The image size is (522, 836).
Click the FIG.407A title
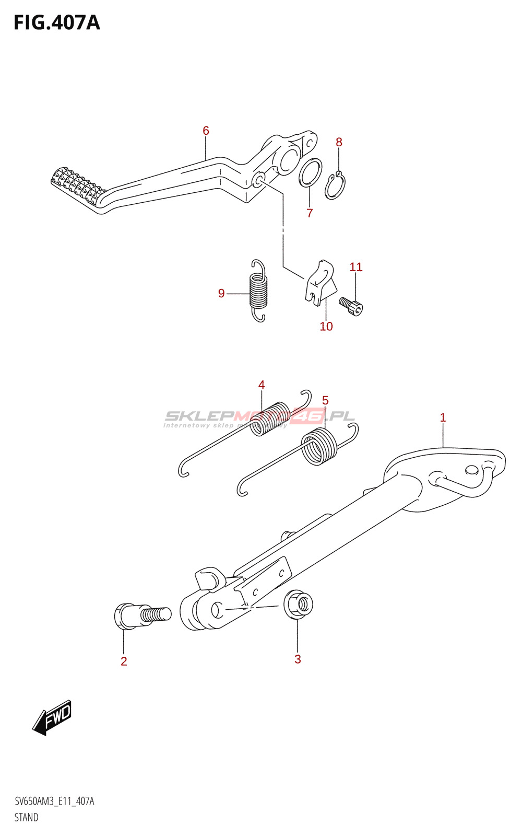tap(56, 23)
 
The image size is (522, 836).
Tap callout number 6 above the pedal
tap(206, 131)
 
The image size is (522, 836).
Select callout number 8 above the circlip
tap(339, 142)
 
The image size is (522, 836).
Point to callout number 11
tap(356, 267)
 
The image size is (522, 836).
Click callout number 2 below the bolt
tap(124, 661)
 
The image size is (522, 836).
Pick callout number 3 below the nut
tap(298, 659)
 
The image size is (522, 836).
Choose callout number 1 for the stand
tap(443, 417)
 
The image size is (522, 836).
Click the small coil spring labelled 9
tap(258, 291)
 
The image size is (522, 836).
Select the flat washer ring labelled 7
tap(310, 172)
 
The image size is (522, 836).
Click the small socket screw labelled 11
tap(351, 306)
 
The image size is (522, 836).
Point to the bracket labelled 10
tap(319, 282)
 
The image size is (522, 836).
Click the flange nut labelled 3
tap(299, 605)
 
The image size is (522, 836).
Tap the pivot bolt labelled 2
tap(141, 615)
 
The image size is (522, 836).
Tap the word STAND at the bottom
tap(26, 818)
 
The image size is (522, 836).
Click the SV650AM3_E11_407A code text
tap(54, 802)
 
